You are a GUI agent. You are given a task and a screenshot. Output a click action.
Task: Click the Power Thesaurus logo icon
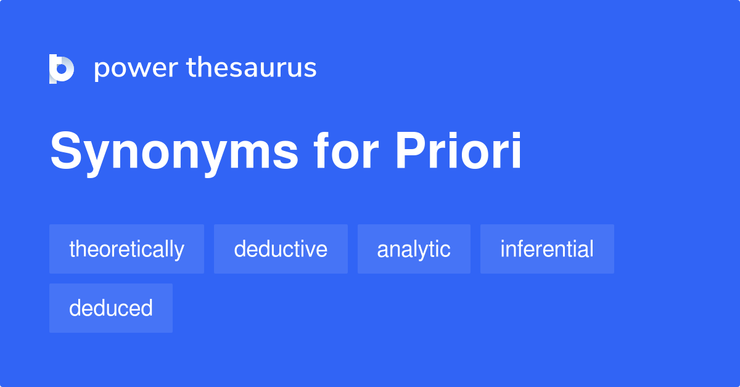[62, 68]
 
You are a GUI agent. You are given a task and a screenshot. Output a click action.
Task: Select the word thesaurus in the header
[252, 68]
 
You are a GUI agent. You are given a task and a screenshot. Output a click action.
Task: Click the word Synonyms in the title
[175, 152]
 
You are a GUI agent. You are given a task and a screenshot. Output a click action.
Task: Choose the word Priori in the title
[459, 152]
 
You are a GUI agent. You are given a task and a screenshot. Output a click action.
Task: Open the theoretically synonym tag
[126, 249]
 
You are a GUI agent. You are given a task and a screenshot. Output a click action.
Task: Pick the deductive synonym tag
[281, 249]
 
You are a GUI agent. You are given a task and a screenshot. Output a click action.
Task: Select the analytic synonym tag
[414, 249]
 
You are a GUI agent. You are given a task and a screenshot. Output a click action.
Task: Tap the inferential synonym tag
[547, 249]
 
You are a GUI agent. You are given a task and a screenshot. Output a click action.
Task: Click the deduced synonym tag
[111, 308]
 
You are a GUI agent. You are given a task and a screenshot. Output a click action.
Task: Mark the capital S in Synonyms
[65, 152]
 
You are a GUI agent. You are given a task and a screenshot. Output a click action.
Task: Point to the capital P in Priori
[409, 152]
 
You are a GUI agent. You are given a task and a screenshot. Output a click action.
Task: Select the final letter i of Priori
[516, 152]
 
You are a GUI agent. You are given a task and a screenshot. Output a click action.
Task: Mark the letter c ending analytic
[446, 250]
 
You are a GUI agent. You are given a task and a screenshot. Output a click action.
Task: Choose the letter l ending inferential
[591, 249]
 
